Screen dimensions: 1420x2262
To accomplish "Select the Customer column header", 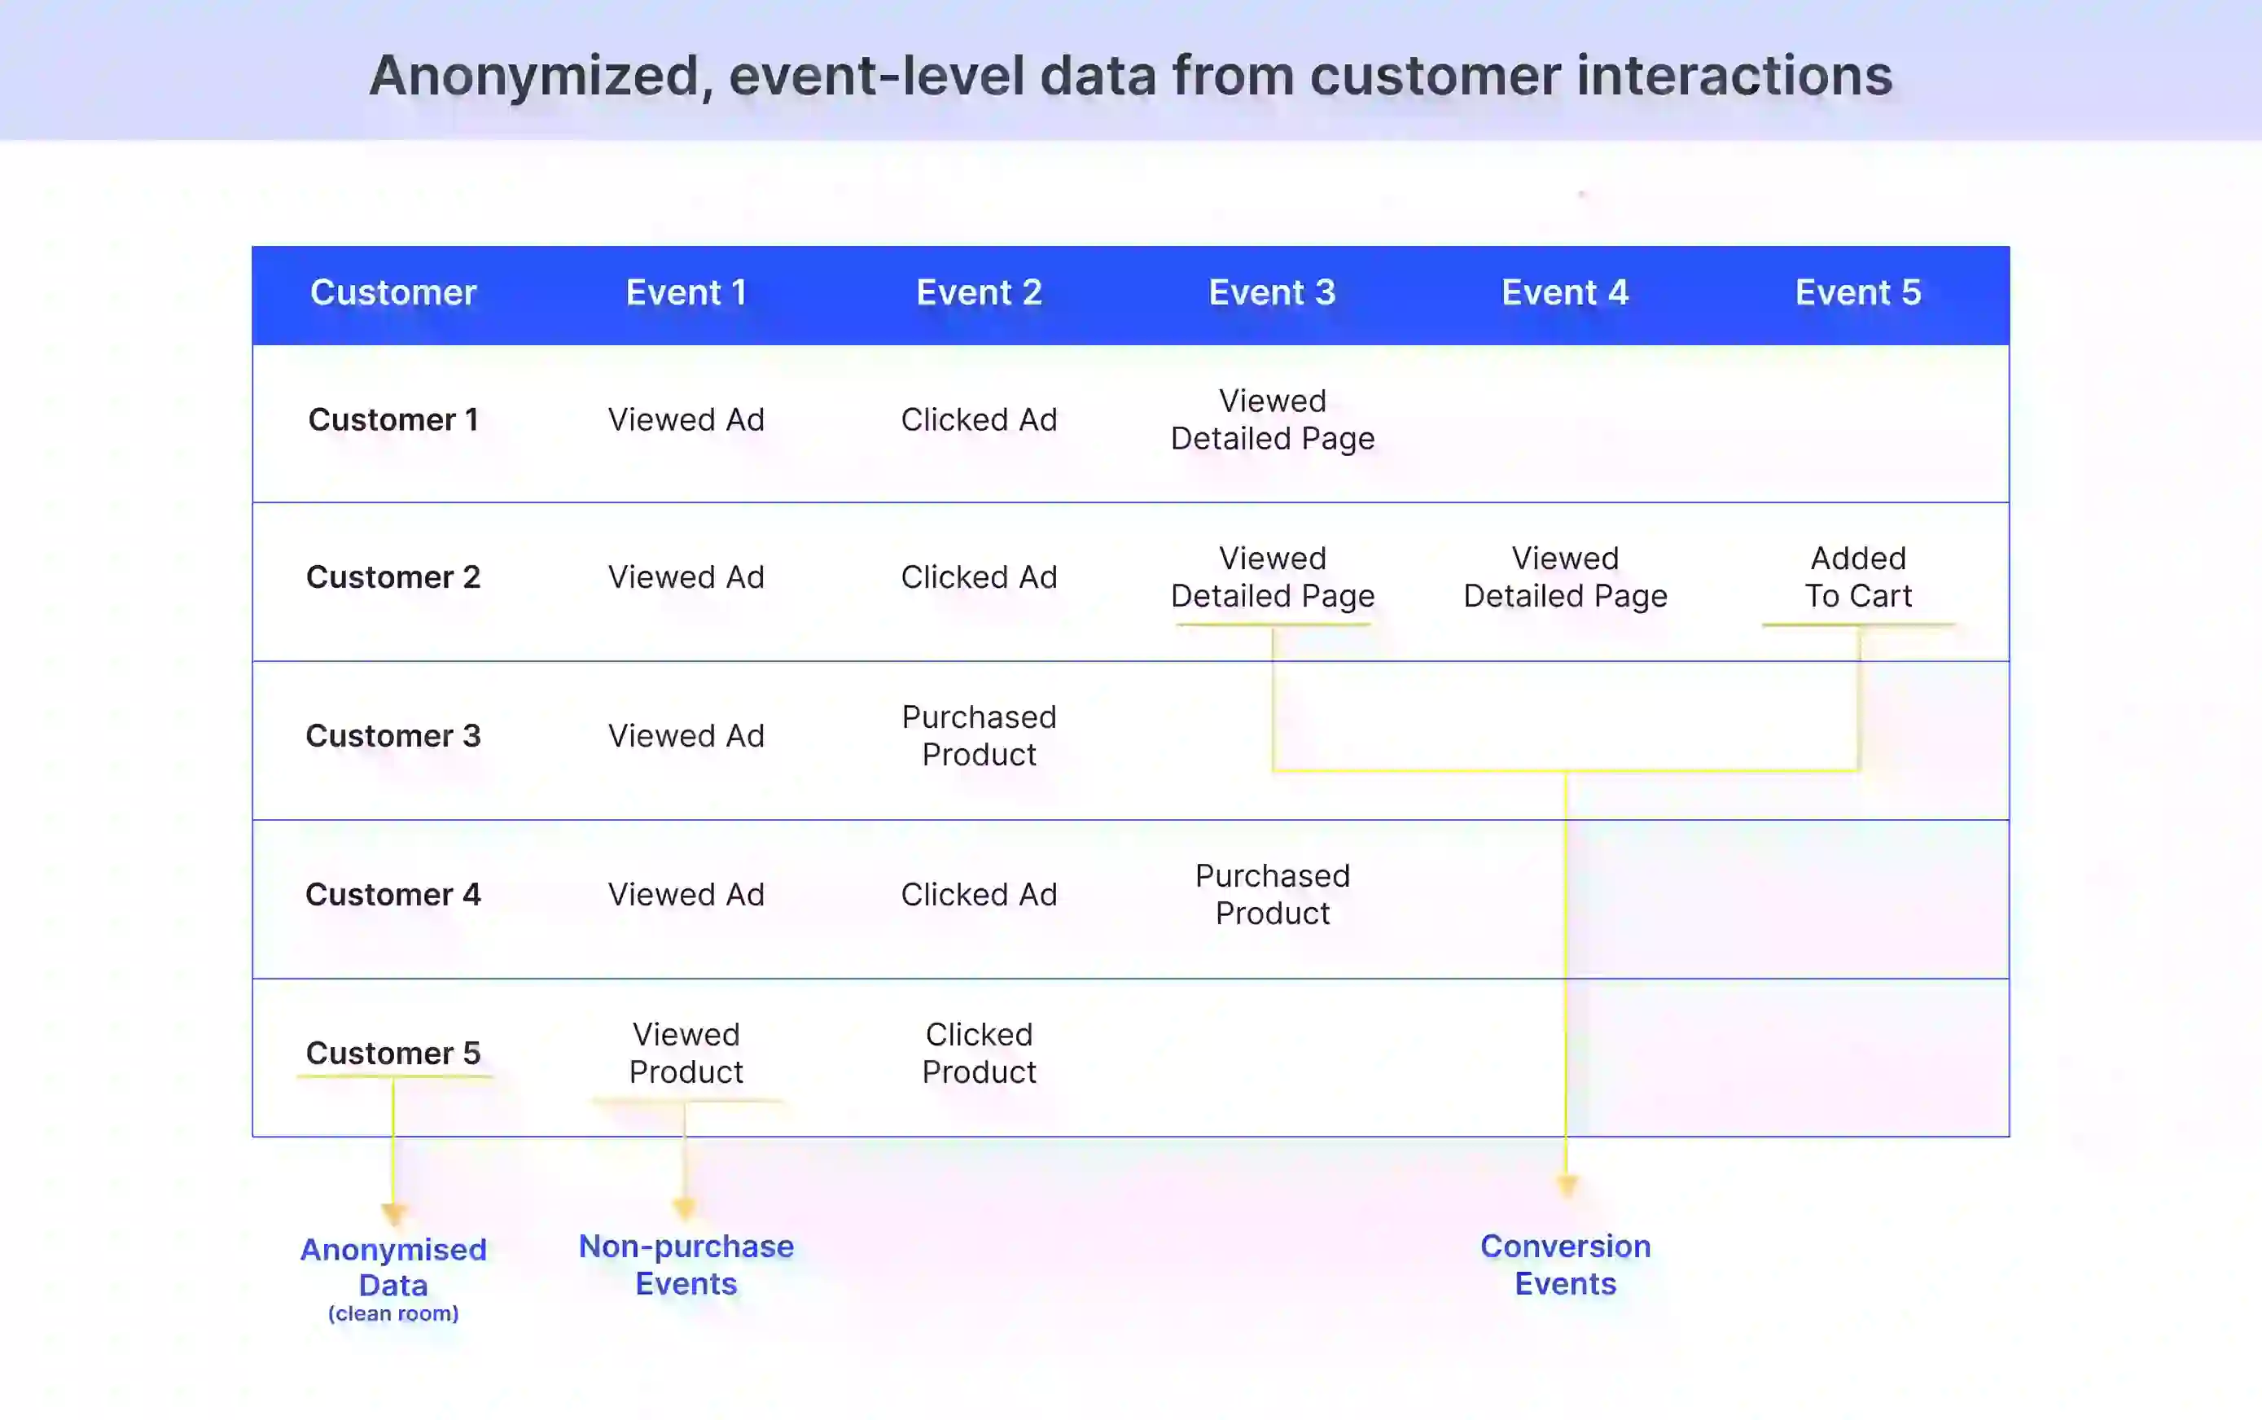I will [393, 293].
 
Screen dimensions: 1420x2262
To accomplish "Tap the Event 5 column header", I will [1857, 293].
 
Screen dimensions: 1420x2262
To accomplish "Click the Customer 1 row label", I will [393, 420].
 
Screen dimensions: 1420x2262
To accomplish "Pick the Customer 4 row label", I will [393, 894].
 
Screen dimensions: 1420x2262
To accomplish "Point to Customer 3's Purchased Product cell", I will [979, 735].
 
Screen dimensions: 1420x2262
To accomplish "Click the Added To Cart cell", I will [1857, 576].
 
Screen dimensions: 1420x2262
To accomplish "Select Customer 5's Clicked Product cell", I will [979, 1053].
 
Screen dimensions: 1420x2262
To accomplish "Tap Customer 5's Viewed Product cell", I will [686, 1053].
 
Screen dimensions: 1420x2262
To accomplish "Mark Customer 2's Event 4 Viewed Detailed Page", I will [1564, 576].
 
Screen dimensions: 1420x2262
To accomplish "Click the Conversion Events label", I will [1564, 1264].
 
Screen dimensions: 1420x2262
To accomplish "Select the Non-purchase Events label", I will [686, 1264].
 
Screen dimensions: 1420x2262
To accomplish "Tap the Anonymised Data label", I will [393, 1266].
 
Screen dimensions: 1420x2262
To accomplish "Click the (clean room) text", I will [393, 1313].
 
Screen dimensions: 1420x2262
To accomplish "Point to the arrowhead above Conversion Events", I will [1565, 1186].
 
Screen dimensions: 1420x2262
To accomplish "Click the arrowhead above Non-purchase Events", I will [684, 1207].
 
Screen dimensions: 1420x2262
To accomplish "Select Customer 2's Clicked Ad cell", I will [979, 576].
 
